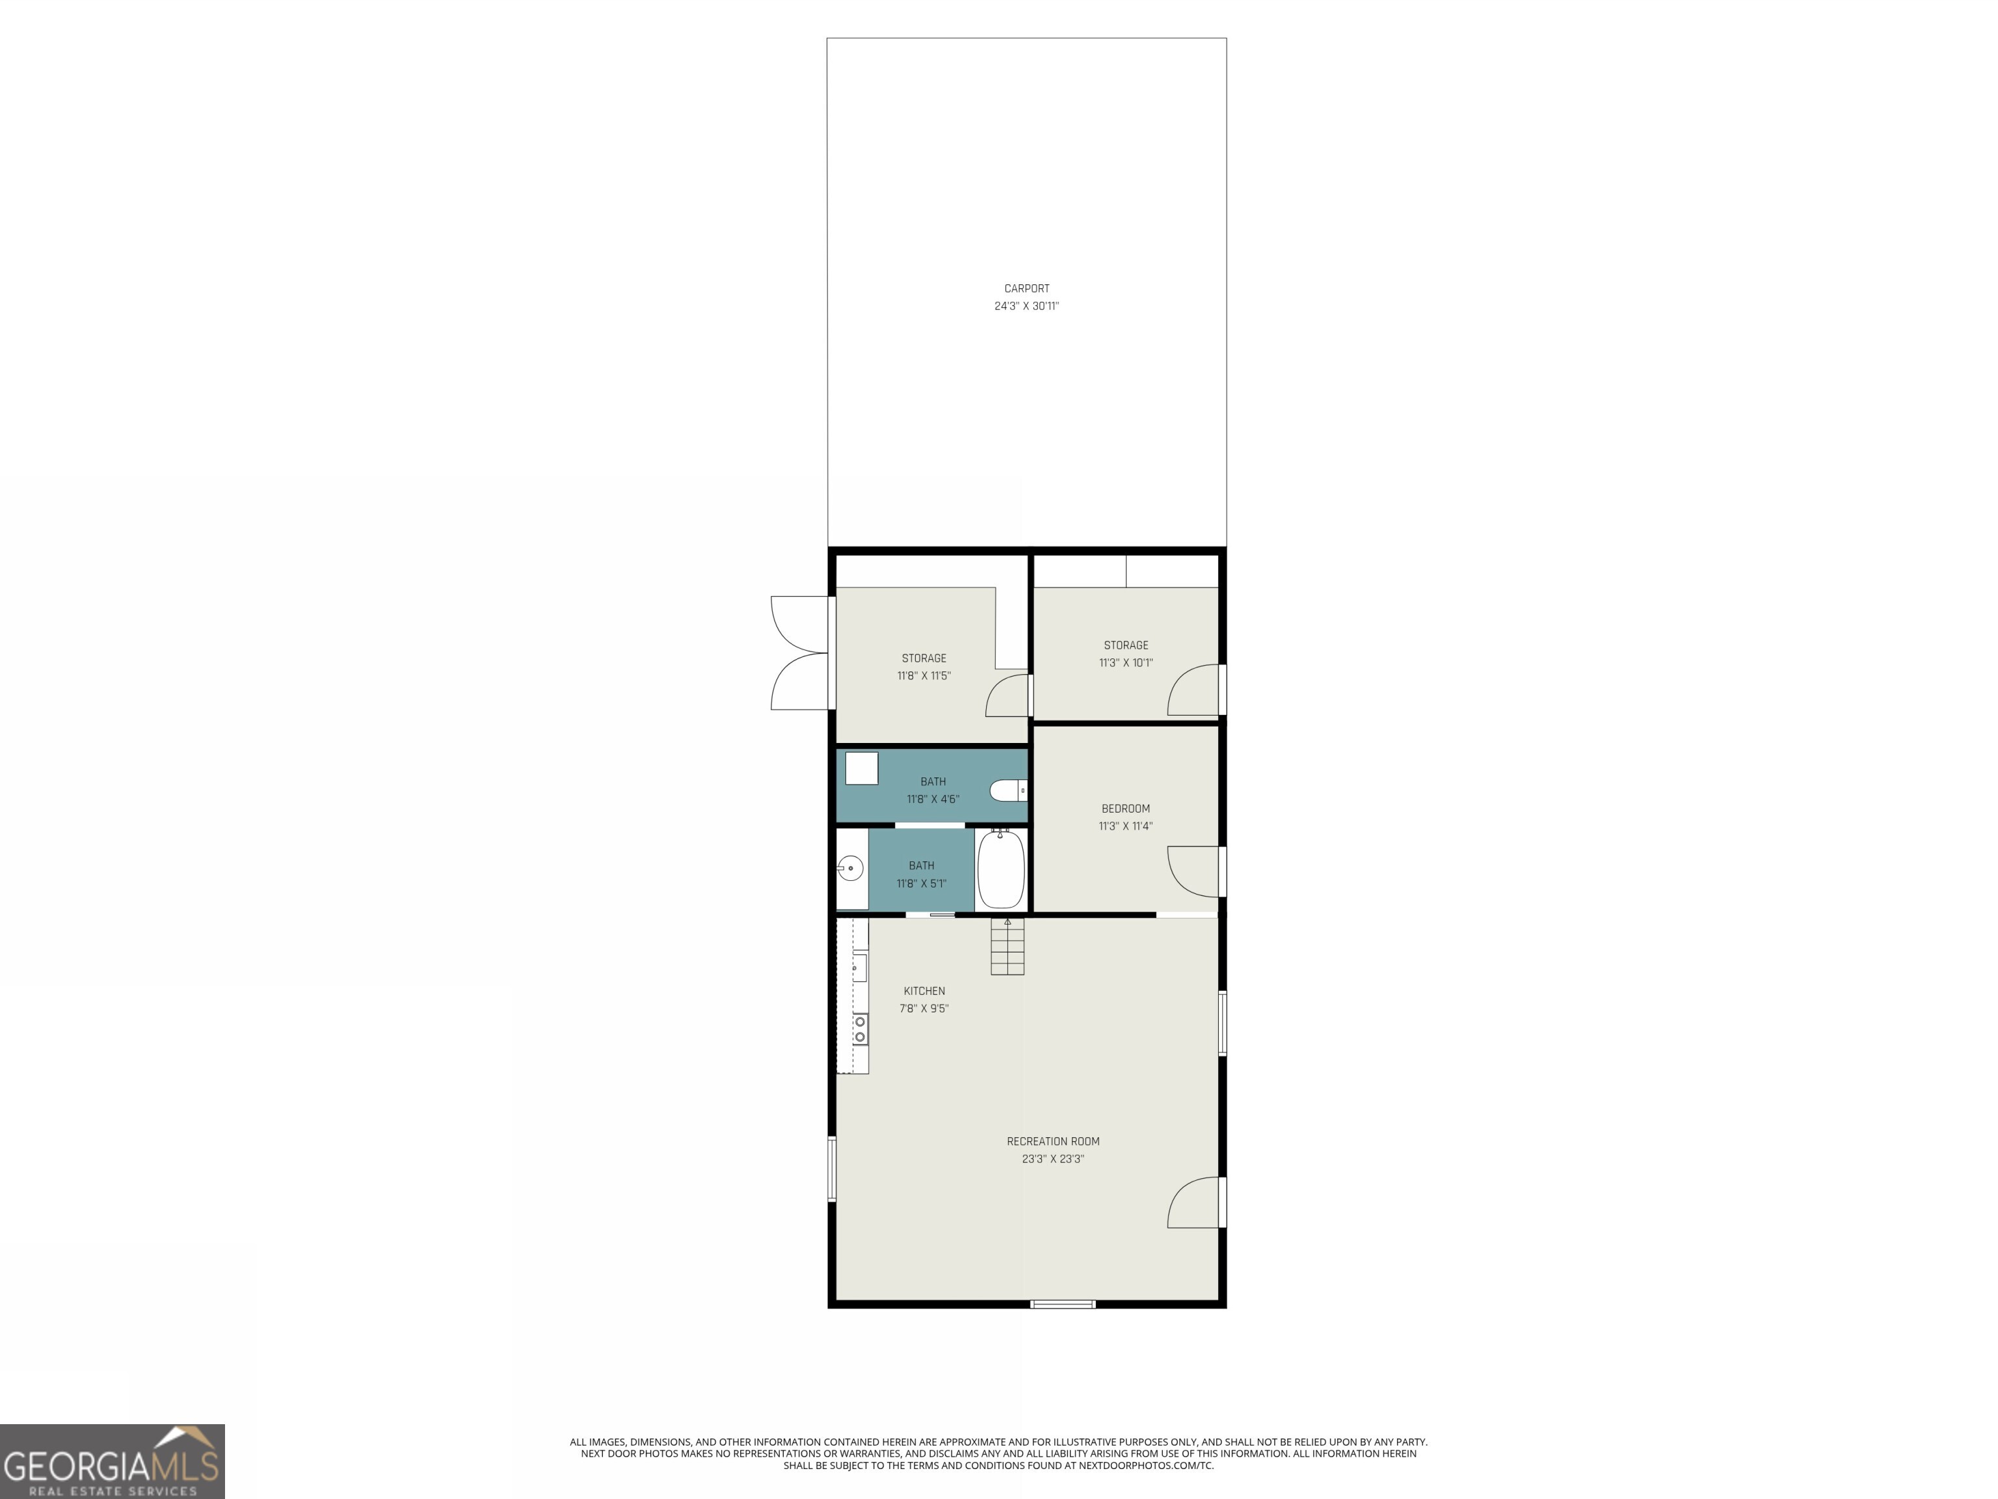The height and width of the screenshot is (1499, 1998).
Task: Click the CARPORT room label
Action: point(1026,288)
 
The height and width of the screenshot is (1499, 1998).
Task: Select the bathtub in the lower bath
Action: point(1001,869)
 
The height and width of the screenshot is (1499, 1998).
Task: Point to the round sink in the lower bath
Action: point(850,869)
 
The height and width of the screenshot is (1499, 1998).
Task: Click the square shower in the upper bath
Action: point(862,768)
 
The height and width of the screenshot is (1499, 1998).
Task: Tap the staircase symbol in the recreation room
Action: point(1007,947)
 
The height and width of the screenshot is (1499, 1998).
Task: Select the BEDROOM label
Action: point(1125,809)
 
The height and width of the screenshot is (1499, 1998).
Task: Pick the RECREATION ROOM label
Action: point(1053,1141)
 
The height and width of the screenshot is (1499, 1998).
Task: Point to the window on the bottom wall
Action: point(1063,1304)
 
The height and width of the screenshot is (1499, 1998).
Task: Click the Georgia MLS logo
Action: point(112,1461)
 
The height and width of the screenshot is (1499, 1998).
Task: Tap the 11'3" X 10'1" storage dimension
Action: point(1125,662)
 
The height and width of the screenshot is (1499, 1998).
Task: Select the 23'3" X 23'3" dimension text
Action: point(1053,1158)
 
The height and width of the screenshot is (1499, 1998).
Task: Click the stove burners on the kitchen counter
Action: point(860,1030)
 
